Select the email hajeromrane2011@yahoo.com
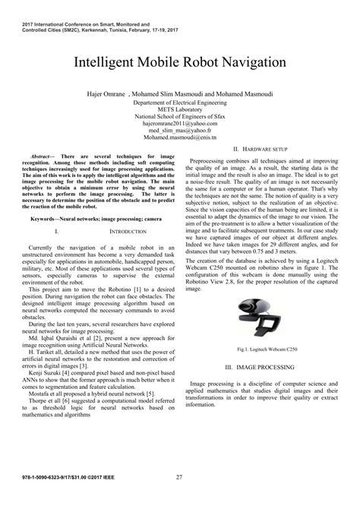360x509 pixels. pos(180,123)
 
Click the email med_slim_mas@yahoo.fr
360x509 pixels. pos(180,131)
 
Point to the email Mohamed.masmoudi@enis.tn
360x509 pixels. pos(180,138)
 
